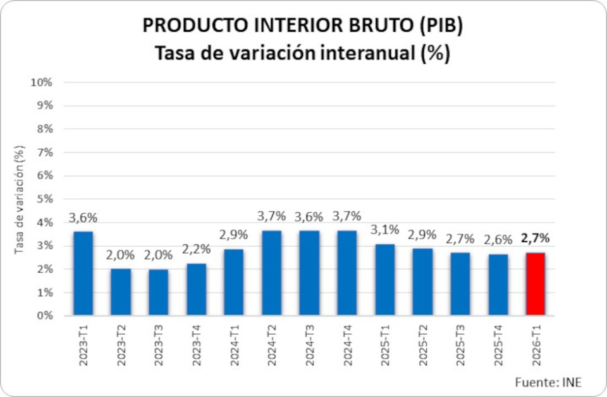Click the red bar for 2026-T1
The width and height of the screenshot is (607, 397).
click(535, 284)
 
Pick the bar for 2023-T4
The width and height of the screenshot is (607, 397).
click(197, 290)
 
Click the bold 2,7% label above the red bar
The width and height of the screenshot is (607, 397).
click(535, 239)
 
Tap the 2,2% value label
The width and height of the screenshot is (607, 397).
click(197, 249)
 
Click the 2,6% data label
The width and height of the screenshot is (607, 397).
click(498, 240)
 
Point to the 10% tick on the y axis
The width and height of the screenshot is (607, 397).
click(41, 83)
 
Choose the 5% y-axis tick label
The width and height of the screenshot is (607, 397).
click(43, 199)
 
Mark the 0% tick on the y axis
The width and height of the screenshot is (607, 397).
click(43, 316)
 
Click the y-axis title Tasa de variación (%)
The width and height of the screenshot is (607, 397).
click(20, 199)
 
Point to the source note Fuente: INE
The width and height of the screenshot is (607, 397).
click(548, 382)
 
